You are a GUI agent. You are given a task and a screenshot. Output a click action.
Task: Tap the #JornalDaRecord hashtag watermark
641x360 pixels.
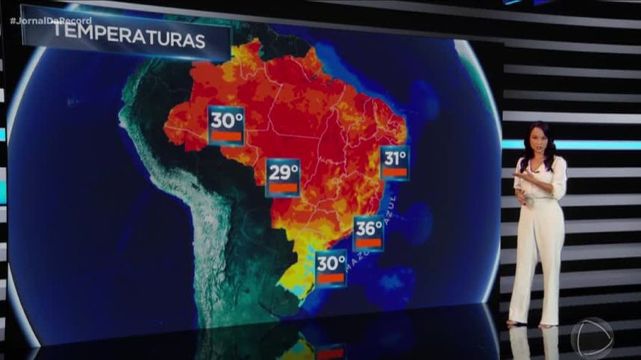51,19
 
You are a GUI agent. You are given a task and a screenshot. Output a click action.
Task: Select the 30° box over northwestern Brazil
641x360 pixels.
226,125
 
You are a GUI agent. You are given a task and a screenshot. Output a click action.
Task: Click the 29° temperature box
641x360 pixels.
283,177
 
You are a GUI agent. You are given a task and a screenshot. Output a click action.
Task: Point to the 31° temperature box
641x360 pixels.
395,162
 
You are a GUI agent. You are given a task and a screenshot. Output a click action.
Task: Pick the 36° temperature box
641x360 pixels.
368,232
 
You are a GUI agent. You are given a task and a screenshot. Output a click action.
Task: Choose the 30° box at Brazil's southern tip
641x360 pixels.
330,268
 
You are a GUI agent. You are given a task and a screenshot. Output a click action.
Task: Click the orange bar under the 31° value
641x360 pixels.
395,172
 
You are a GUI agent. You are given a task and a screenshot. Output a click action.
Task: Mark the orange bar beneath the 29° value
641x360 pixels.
283,188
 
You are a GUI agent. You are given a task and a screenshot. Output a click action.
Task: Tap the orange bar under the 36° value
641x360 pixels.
368,242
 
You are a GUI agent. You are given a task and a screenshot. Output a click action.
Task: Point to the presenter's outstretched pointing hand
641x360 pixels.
519,175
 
